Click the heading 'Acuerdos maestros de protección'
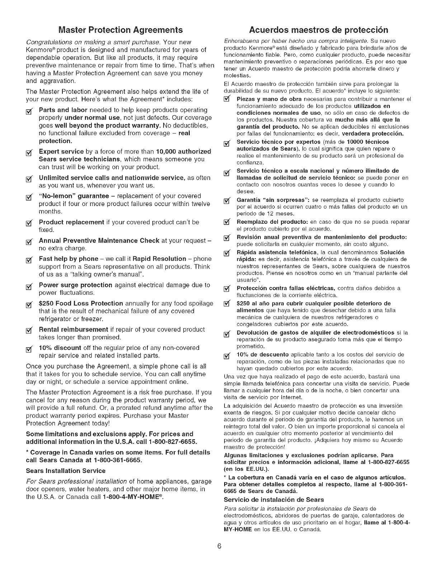coord(318,29)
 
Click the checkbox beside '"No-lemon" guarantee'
coord(31,197)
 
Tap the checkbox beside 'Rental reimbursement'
coord(31,330)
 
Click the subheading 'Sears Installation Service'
coord(66,470)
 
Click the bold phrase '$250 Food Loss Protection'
coord(81,303)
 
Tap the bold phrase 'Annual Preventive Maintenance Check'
coord(99,240)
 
